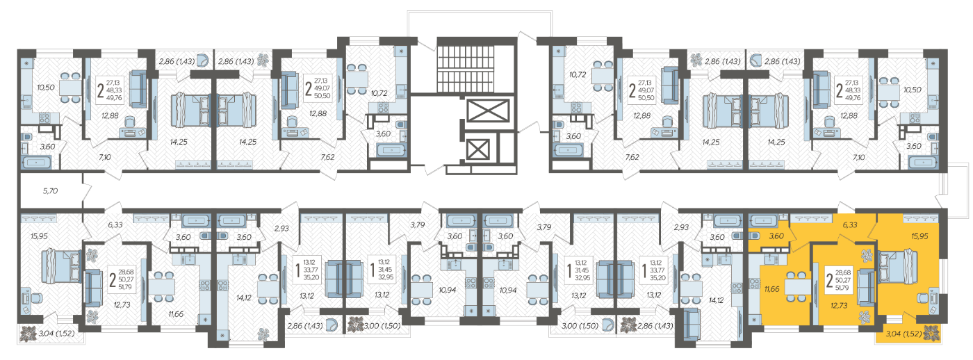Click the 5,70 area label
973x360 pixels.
(x=50, y=190)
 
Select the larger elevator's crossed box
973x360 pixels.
(x=488, y=111)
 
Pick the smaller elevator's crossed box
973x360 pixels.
(x=478, y=150)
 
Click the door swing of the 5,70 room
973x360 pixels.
(x=88, y=190)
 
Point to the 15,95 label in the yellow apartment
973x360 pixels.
(x=919, y=236)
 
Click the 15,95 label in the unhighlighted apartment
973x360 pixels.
(x=39, y=236)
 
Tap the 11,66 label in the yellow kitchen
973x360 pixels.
(x=772, y=289)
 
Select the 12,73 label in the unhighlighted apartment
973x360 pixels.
(x=122, y=305)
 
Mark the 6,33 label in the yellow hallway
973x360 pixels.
(x=850, y=224)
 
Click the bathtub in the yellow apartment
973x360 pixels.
(x=763, y=221)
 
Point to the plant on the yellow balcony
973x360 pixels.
(x=931, y=334)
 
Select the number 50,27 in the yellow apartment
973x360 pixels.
(x=842, y=280)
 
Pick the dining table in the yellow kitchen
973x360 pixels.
(x=798, y=286)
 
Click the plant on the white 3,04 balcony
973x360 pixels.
(x=29, y=334)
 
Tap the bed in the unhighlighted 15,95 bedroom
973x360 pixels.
(x=61, y=266)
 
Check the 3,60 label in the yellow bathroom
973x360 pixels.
(x=776, y=236)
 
